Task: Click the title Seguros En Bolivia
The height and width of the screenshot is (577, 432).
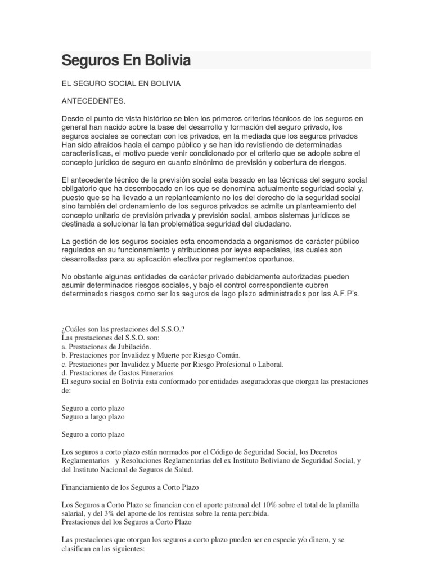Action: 126,60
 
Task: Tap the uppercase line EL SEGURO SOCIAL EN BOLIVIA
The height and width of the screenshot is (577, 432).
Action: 120,83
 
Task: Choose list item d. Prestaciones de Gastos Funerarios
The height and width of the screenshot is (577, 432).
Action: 118,372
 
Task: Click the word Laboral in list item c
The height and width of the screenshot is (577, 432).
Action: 270,364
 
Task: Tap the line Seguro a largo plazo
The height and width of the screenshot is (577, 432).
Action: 93,416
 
